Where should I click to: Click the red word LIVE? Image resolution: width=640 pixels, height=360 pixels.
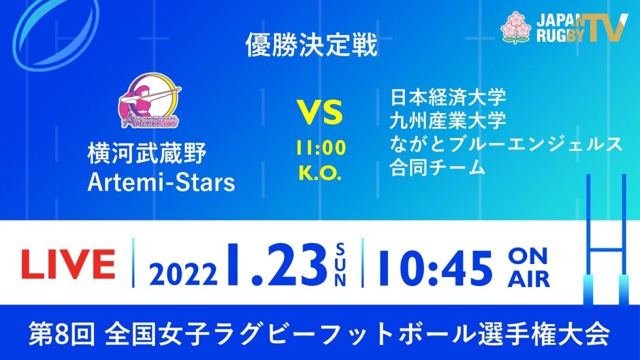[x=68, y=265]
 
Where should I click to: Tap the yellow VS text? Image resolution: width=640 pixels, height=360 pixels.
[x=320, y=113]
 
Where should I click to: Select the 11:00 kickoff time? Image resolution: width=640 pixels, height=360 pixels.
[x=321, y=148]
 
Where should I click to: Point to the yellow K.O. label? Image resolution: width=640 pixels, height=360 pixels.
[x=320, y=173]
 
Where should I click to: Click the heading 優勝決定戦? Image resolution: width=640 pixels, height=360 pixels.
[x=311, y=45]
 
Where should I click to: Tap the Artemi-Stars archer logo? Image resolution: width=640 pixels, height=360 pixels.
[x=150, y=101]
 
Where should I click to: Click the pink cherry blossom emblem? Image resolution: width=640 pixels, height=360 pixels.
[x=516, y=27]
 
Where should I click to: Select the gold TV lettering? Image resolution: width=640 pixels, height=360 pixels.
[x=605, y=27]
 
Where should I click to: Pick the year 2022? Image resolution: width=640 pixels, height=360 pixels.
[x=183, y=274]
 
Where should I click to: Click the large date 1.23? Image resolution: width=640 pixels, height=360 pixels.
[x=276, y=265]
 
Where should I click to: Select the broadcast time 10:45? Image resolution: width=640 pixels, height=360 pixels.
[x=435, y=267]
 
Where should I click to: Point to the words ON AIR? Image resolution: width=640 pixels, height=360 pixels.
[x=528, y=268]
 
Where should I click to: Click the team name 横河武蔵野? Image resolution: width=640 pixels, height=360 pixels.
[x=147, y=154]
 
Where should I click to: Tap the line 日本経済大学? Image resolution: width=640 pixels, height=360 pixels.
[x=448, y=97]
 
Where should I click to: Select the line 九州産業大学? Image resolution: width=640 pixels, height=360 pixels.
[x=448, y=120]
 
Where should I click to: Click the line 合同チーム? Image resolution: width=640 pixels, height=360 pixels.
[x=437, y=167]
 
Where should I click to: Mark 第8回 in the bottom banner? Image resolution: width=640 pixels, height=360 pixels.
[x=62, y=334]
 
